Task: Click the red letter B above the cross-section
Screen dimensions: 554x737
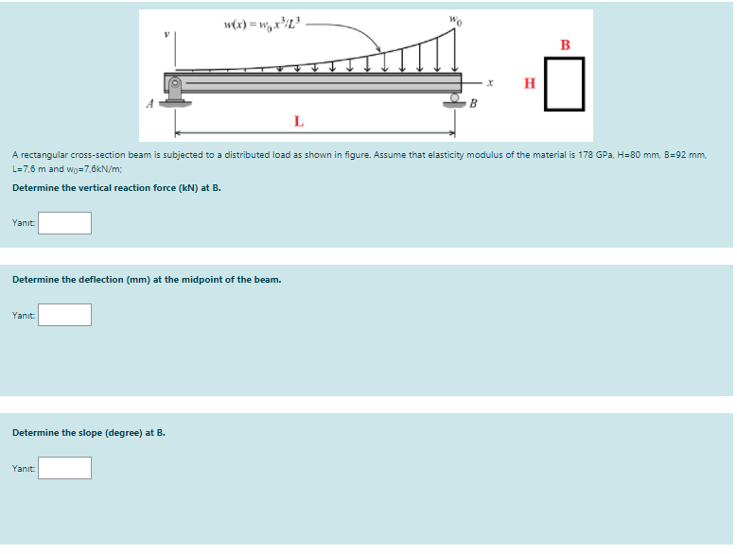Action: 566,44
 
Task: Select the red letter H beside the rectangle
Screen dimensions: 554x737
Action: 530,83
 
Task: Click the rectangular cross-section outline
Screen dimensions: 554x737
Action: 566,83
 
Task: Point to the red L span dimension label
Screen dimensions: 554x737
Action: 299,121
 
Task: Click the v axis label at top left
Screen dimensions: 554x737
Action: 167,32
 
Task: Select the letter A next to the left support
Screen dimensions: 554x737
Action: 149,104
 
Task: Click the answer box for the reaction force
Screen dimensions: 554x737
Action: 64,223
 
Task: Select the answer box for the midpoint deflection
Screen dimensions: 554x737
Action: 64,315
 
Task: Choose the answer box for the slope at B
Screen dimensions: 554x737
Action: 64,468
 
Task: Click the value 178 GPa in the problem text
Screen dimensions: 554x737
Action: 594,153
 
